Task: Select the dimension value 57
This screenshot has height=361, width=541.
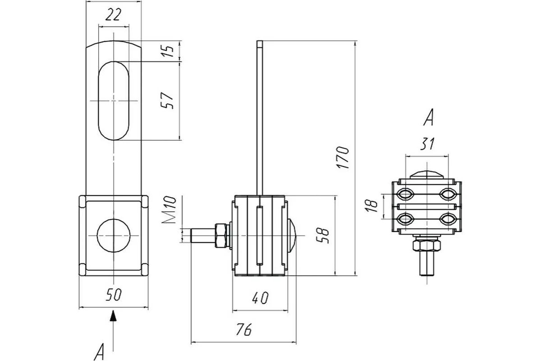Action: (167, 100)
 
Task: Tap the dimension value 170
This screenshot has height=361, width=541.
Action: (343, 157)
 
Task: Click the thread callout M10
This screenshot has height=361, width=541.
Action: (169, 210)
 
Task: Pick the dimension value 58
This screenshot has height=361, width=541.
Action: (322, 236)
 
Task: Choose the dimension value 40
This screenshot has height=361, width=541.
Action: (260, 298)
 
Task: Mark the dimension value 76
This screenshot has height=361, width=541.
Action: (244, 329)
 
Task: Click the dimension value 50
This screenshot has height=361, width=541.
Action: (114, 295)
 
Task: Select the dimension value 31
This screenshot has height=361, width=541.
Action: (427, 143)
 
